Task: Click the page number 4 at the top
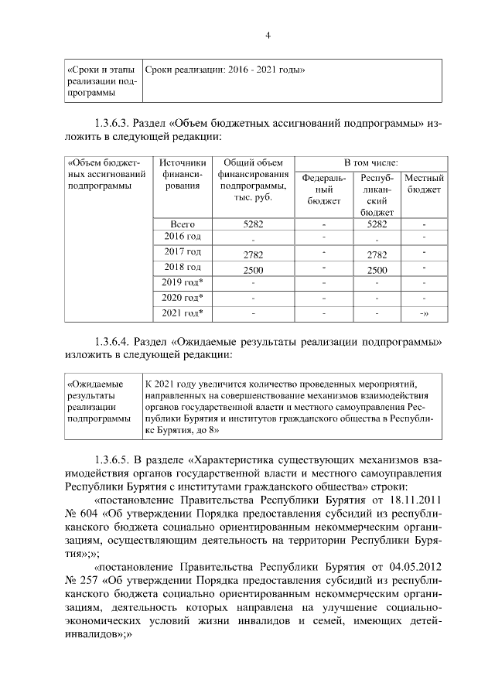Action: tap(268, 35)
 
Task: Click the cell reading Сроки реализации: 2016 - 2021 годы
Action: tap(224, 70)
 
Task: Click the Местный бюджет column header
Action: tap(423, 183)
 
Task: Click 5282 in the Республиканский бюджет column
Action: tap(377, 224)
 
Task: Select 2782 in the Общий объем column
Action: tap(253, 254)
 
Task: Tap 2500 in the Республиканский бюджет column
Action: tap(377, 270)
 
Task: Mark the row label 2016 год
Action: tap(183, 237)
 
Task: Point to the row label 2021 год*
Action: tap(183, 312)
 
